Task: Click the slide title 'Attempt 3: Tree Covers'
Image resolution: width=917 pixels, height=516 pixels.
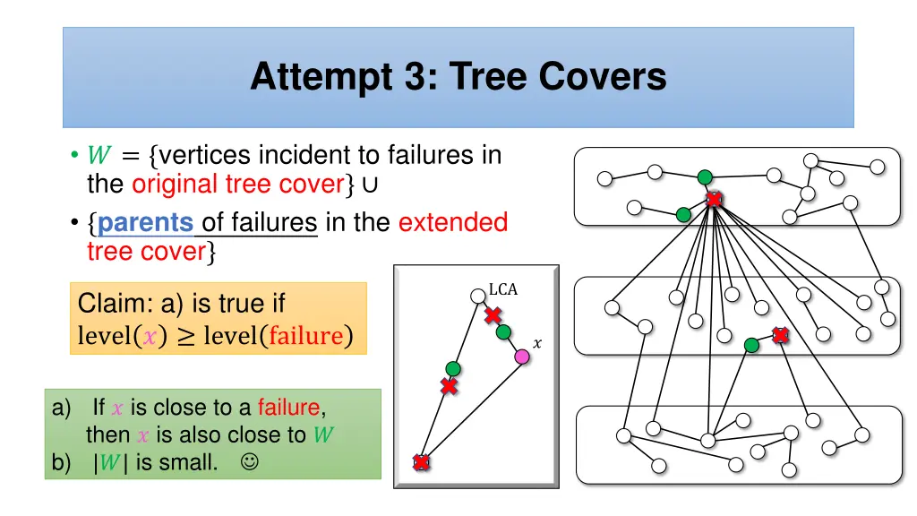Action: [458, 77]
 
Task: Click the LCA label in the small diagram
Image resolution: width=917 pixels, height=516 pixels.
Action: [503, 289]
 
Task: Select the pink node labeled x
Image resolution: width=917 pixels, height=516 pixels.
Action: [522, 357]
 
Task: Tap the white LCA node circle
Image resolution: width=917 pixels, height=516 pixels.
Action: [477, 296]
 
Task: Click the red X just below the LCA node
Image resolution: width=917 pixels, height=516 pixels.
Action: [493, 315]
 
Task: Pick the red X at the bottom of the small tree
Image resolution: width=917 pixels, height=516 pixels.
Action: [421, 462]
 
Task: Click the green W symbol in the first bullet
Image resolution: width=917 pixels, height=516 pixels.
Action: [99, 156]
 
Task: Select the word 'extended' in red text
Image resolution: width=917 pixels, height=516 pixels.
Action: [453, 222]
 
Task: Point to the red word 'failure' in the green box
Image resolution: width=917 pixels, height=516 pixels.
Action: [288, 408]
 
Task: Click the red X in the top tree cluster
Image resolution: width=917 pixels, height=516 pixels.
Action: [714, 199]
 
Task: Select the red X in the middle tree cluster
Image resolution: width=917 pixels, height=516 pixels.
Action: [780, 335]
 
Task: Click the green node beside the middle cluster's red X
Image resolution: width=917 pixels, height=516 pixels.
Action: [752, 345]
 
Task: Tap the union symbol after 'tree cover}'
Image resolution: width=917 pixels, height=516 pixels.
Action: [370, 185]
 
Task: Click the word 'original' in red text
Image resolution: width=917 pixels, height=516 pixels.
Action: [175, 185]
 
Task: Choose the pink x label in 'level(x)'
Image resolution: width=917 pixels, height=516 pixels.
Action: [150, 336]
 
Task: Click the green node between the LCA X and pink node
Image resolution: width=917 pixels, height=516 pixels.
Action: [504, 332]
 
